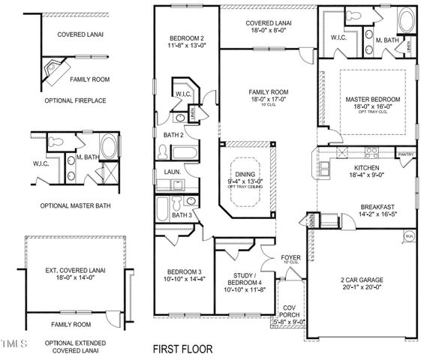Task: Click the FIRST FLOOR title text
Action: (182, 349)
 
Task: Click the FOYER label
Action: (290, 256)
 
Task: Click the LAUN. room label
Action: (171, 171)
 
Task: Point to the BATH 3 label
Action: (180, 215)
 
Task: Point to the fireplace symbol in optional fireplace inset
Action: (54, 70)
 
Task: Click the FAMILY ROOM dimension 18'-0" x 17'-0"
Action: (268, 99)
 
